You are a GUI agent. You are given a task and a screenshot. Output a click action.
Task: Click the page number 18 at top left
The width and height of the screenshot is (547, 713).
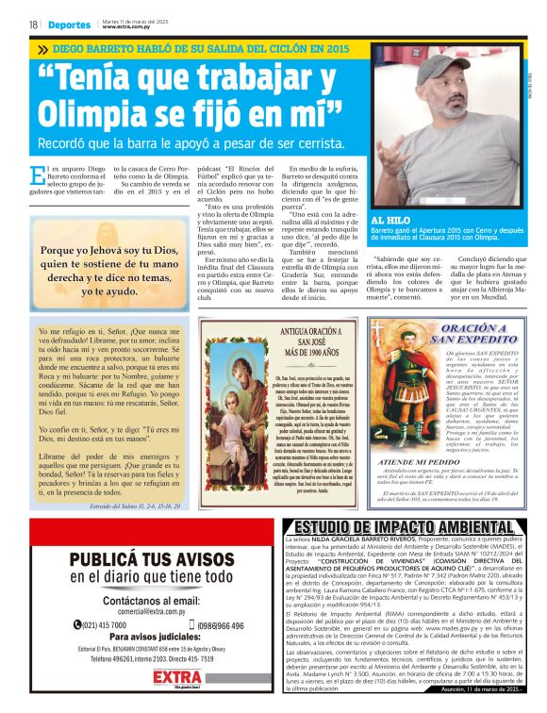(33, 25)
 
